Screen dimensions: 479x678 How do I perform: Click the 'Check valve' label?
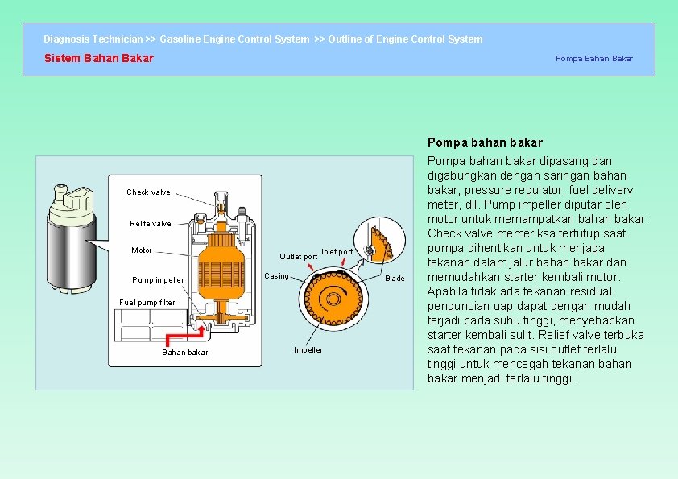point(148,192)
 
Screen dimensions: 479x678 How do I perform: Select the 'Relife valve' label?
point(151,224)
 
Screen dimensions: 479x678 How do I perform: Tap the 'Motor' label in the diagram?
point(142,250)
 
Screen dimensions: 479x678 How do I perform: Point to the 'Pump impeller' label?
point(158,280)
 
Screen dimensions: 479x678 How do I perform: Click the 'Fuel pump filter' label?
point(147,303)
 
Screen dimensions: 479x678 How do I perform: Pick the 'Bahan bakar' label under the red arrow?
point(184,353)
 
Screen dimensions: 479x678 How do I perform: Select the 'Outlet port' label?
point(298,257)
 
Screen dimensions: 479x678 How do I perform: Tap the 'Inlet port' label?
point(337,252)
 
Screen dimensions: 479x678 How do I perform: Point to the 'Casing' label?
point(276,276)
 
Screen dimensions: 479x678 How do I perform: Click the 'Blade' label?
point(395,279)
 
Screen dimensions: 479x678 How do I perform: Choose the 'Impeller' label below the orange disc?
point(308,349)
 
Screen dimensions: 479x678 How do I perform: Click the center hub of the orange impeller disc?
point(331,299)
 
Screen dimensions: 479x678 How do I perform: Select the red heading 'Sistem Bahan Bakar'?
point(98,58)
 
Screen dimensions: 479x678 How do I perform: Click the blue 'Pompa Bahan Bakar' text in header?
point(593,58)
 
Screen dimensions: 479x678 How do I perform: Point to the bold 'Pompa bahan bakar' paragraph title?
point(485,142)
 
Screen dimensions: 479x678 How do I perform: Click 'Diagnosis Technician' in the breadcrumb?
point(93,39)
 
